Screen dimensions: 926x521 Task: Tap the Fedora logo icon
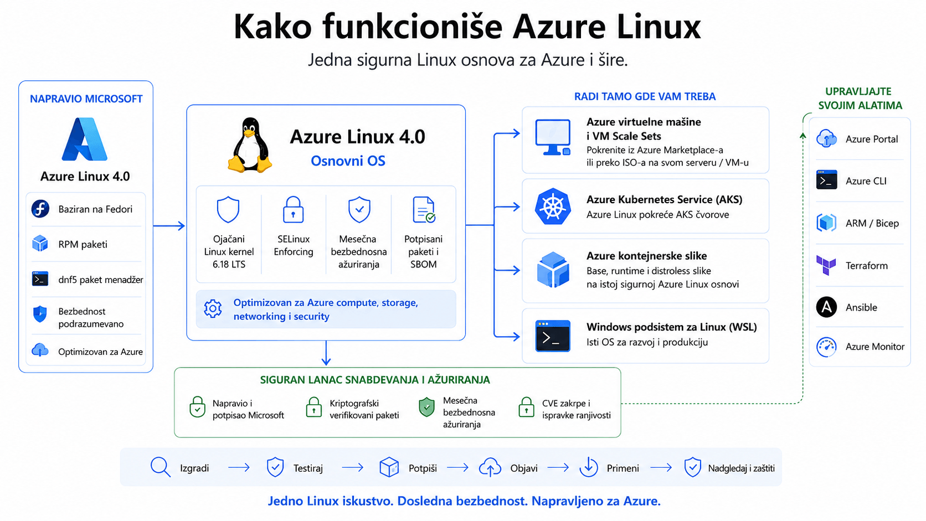[x=40, y=209]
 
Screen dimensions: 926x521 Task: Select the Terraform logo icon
[x=826, y=265]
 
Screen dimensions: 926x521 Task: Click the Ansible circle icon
[x=826, y=307]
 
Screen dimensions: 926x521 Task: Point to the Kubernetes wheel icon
[x=553, y=206]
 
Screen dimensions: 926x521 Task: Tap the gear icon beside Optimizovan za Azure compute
[x=213, y=308]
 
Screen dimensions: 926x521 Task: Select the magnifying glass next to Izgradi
[x=161, y=467]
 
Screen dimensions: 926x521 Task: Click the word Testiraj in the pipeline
[x=308, y=468]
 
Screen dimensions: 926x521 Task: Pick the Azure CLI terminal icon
[x=826, y=180]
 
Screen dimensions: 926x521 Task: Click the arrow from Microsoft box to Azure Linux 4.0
[x=169, y=225]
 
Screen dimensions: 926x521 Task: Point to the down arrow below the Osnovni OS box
[x=326, y=353]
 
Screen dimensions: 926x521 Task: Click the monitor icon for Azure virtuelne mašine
[x=553, y=137]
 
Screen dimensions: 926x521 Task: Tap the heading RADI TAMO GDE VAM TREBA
[x=645, y=96]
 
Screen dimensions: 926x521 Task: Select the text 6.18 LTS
[x=229, y=265]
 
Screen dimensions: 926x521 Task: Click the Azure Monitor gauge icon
[x=826, y=347]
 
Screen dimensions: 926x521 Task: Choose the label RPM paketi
[x=83, y=244]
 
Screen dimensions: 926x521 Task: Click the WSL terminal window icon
[x=553, y=336]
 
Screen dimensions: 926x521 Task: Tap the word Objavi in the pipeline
[x=524, y=468]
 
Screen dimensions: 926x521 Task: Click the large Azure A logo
[x=85, y=139]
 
